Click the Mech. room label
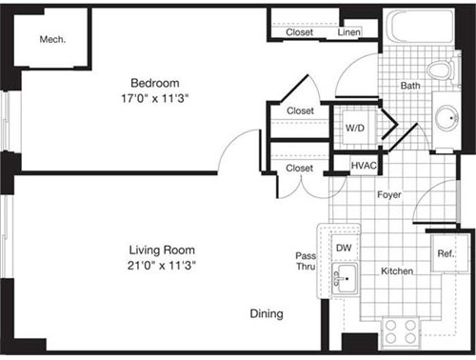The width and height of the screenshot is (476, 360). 51,40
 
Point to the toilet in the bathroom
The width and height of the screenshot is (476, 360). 440,70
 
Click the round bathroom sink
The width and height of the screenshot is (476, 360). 448,118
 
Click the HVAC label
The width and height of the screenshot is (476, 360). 364,166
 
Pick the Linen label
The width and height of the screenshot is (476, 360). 349,33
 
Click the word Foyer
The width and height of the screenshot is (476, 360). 388,195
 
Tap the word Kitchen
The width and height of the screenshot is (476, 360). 397,271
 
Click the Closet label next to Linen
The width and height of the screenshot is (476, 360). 300,33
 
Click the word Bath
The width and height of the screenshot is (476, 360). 409,86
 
